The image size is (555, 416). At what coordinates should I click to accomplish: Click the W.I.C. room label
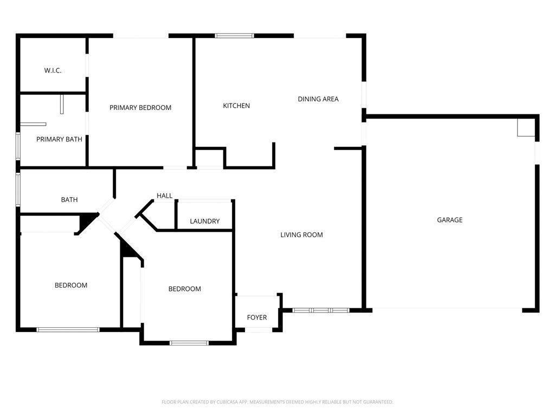pyautogui.click(x=53, y=70)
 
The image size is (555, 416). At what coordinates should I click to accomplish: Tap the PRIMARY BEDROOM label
pyautogui.click(x=140, y=108)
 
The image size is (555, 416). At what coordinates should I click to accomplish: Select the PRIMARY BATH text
pyautogui.click(x=59, y=139)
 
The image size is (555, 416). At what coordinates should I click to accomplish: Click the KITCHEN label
pyautogui.click(x=236, y=106)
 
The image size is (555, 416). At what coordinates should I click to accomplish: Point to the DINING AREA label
pyautogui.click(x=318, y=99)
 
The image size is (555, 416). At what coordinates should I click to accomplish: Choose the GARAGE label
pyautogui.click(x=450, y=220)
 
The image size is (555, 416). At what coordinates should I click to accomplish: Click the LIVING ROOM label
pyautogui.click(x=301, y=235)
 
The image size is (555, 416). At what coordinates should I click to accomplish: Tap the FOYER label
pyautogui.click(x=257, y=317)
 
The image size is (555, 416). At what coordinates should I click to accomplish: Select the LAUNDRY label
pyautogui.click(x=205, y=221)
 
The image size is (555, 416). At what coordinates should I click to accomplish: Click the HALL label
pyautogui.click(x=165, y=196)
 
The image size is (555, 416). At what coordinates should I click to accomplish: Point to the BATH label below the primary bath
pyautogui.click(x=69, y=200)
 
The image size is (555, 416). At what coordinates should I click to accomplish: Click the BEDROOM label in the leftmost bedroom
pyautogui.click(x=71, y=285)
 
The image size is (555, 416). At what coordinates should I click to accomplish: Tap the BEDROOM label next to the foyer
pyautogui.click(x=185, y=289)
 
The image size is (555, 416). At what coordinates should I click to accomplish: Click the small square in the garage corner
pyautogui.click(x=526, y=128)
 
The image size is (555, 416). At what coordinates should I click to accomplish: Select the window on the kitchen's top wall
pyautogui.click(x=234, y=36)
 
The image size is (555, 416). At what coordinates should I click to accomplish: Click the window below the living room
pyautogui.click(x=321, y=310)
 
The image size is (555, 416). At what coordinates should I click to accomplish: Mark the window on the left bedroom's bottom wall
pyautogui.click(x=68, y=329)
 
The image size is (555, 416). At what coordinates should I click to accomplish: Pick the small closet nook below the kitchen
pyautogui.click(x=209, y=159)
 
